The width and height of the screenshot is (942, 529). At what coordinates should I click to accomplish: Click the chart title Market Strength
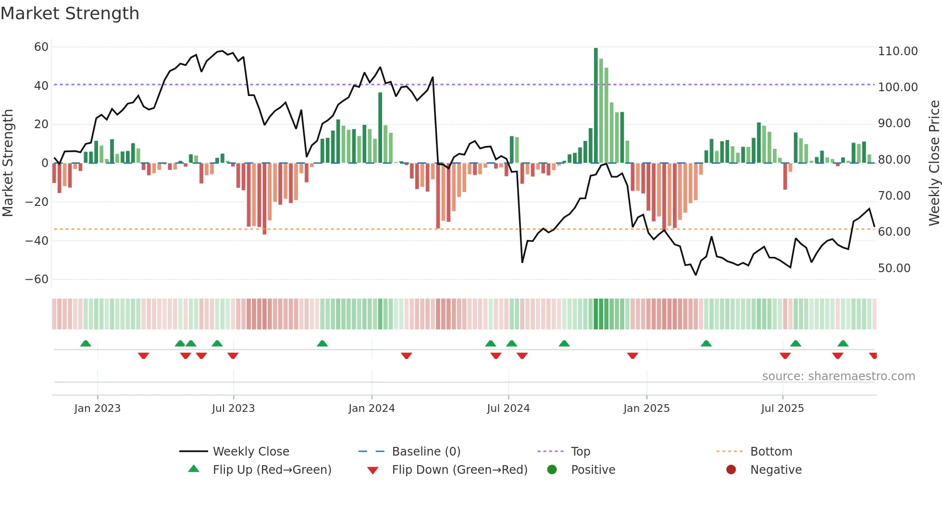70,13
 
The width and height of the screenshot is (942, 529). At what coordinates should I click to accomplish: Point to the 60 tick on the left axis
41,47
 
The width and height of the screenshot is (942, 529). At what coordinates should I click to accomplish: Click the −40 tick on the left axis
37,241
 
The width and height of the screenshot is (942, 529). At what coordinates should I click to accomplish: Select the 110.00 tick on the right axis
897,51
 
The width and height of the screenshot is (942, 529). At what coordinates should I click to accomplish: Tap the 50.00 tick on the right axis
894,268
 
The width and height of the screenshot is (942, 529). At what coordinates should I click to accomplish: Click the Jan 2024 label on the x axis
372,409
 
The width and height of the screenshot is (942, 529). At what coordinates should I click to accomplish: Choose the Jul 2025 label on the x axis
782,409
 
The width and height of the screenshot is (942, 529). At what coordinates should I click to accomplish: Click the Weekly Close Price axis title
934,163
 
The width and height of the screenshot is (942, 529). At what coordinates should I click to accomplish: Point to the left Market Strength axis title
8,163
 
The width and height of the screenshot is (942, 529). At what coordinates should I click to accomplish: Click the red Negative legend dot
731,470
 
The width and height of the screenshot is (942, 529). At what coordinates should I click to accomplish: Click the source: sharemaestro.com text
838,376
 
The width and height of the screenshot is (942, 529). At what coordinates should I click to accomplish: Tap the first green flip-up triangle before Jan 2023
86,343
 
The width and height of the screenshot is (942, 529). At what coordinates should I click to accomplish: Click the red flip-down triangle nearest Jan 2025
632,356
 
